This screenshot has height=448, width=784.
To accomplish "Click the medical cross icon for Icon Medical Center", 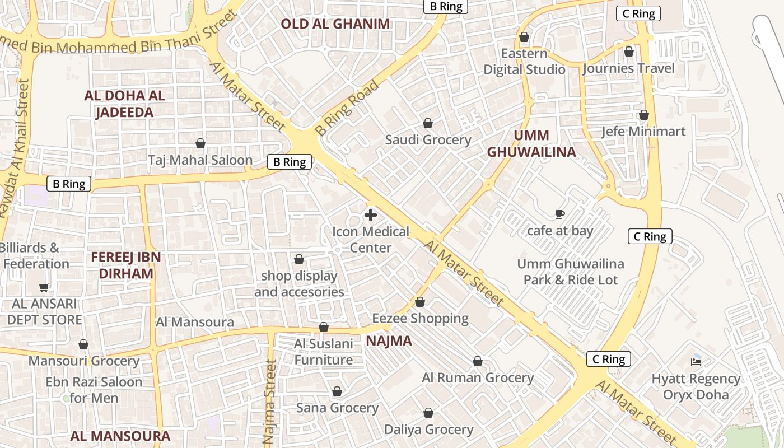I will click(x=370, y=215).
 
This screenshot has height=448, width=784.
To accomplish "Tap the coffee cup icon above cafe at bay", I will click(x=559, y=214).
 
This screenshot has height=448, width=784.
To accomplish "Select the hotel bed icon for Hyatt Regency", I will click(x=696, y=362).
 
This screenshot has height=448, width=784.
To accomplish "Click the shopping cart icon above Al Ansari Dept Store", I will click(x=44, y=288).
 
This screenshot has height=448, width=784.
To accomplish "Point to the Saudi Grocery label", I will click(x=428, y=140).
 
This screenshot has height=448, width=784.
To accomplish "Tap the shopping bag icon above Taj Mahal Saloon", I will click(x=200, y=143).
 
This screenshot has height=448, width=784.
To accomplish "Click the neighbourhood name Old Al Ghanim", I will click(x=335, y=24).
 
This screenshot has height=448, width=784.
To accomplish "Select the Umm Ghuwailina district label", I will click(x=531, y=144).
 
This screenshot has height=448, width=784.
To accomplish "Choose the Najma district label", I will click(x=389, y=341).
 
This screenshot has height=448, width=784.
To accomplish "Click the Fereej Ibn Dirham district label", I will click(x=126, y=265).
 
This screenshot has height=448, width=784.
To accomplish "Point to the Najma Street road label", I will click(x=270, y=401).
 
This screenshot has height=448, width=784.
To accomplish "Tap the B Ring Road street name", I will click(x=347, y=108).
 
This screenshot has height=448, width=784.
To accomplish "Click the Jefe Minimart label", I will click(x=643, y=132).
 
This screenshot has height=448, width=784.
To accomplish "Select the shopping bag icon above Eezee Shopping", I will click(x=420, y=302).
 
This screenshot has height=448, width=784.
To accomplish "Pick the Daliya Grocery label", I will click(x=428, y=430).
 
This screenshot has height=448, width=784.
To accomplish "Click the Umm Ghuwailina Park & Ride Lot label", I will click(x=571, y=272).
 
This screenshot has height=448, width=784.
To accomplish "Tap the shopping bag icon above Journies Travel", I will click(x=629, y=52).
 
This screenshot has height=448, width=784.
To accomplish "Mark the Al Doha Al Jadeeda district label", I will click(x=124, y=104).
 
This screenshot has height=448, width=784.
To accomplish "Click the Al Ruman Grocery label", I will click(x=478, y=378).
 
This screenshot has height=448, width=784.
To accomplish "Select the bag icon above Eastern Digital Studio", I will click(x=524, y=38).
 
